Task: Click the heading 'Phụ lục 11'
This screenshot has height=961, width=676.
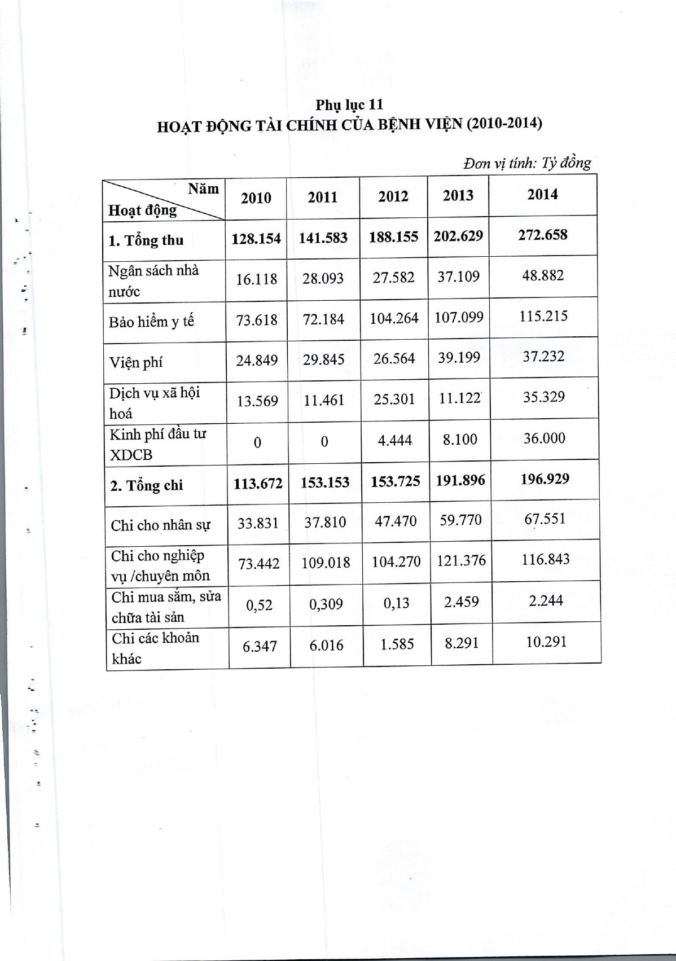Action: (x=349, y=104)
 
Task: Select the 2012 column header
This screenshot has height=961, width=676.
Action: (x=393, y=196)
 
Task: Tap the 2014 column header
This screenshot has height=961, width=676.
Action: (x=542, y=195)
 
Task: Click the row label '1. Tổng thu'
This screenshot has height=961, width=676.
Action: (x=146, y=240)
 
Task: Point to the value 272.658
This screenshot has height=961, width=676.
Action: (x=543, y=235)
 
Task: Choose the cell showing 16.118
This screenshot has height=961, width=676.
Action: (x=256, y=279)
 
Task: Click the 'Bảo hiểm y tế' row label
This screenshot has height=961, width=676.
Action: (x=151, y=322)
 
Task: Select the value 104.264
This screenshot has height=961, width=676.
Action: (x=394, y=318)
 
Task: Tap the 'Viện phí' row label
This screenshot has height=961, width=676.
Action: (x=136, y=362)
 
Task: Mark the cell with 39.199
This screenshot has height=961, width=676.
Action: (x=459, y=358)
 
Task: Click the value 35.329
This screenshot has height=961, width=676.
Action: (x=544, y=397)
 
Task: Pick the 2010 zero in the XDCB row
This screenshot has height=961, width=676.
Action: (x=257, y=442)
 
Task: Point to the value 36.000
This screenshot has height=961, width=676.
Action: (x=544, y=438)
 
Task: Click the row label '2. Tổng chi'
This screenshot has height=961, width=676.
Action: (x=147, y=485)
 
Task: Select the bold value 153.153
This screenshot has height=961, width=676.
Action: (x=325, y=483)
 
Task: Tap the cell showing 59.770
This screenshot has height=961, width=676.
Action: (x=460, y=519)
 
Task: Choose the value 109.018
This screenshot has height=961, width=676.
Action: (x=326, y=563)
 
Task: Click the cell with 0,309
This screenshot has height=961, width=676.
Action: (x=326, y=604)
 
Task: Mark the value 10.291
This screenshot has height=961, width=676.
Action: (x=546, y=642)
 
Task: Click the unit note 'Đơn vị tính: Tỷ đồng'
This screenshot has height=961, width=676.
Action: (x=527, y=164)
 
